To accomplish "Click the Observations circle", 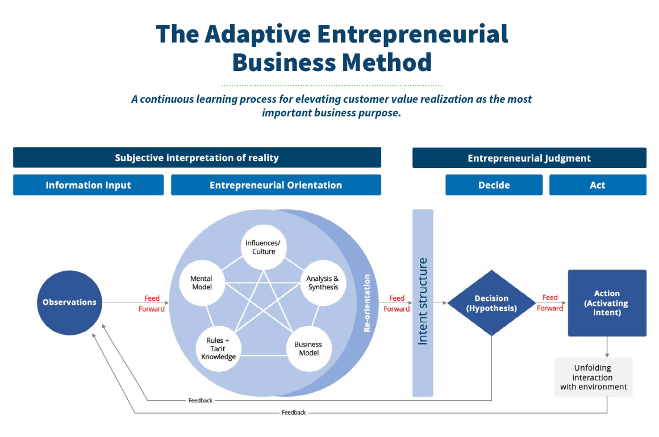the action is tap(69, 302).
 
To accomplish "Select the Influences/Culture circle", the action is tap(264, 247).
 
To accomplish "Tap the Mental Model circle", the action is tap(202, 283).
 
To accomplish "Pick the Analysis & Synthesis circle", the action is tap(323, 283).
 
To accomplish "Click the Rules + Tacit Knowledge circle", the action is tap(219, 348).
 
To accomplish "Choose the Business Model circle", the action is tap(309, 348).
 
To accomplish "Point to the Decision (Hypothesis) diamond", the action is tap(491, 302).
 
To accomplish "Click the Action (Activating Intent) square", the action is tap(607, 302).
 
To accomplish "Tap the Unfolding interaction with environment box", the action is tap(594, 377).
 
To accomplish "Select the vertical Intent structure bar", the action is tap(423, 302).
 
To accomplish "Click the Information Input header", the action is tap(88, 185).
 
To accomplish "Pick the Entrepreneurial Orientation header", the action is tap(276, 185).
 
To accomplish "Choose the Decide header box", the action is tap(494, 185).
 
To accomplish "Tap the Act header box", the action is tap(598, 185).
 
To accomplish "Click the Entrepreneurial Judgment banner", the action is tap(529, 158).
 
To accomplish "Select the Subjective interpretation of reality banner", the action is tap(197, 157).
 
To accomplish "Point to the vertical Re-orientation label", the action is tap(367, 302).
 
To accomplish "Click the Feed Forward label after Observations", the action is tap(152, 304).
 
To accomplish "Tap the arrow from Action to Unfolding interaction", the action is tap(607, 347).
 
